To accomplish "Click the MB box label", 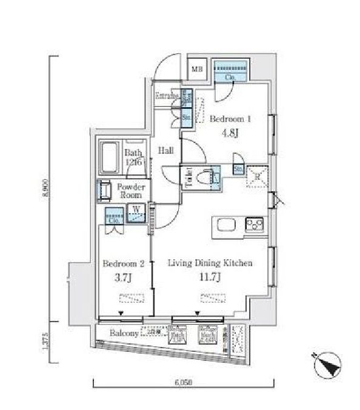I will (197, 69).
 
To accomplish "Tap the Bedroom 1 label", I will (230, 119).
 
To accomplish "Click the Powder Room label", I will (130, 191).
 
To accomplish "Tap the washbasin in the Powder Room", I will (104, 191).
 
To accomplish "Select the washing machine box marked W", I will (136, 213).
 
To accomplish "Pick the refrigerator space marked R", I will (257, 176).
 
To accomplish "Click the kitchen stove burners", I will (255, 225).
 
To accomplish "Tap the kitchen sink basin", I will (222, 226).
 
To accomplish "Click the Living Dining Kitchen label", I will (210, 263).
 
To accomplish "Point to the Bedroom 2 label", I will (123, 264).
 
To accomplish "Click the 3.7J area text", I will (122, 278).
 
